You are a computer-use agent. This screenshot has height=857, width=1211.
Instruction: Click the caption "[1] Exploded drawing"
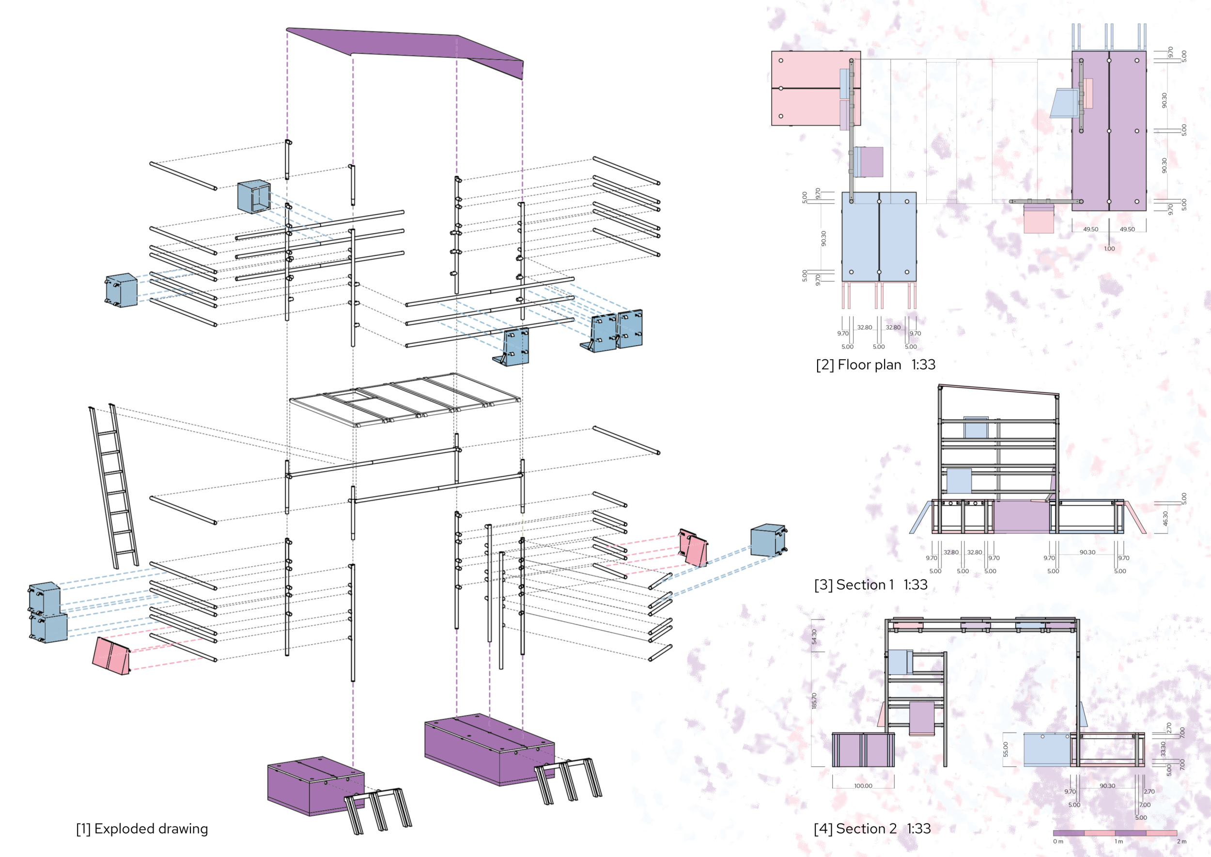(142, 828)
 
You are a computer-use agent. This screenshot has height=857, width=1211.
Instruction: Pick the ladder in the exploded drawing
(114, 486)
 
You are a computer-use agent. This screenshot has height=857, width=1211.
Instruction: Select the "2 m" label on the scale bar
(1181, 841)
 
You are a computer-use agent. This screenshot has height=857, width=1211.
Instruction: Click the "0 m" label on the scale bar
(1058, 841)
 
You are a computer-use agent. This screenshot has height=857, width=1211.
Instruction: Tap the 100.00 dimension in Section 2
(863, 786)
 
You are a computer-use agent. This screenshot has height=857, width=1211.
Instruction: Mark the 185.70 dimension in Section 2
(814, 701)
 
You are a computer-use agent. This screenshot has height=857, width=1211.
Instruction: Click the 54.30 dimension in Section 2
(814, 637)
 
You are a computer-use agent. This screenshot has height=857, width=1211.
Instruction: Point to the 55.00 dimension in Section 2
(1005, 749)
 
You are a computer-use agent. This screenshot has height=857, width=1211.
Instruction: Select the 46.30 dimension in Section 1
(1165, 518)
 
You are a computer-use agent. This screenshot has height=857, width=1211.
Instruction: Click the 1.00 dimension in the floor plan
(1109, 249)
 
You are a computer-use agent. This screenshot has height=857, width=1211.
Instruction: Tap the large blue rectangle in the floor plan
(879, 237)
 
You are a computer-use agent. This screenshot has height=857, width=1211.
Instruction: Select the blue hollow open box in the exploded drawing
(254, 197)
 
